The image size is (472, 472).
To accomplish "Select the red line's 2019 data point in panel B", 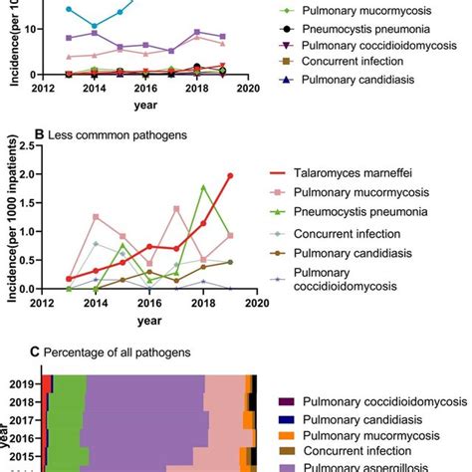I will click(x=230, y=175).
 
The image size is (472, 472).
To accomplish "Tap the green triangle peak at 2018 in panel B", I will click(x=203, y=187).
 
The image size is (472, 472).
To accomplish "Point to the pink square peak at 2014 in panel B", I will click(x=96, y=216).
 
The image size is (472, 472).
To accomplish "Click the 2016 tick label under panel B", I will click(x=149, y=302).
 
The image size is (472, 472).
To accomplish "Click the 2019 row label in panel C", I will click(x=24, y=383).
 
